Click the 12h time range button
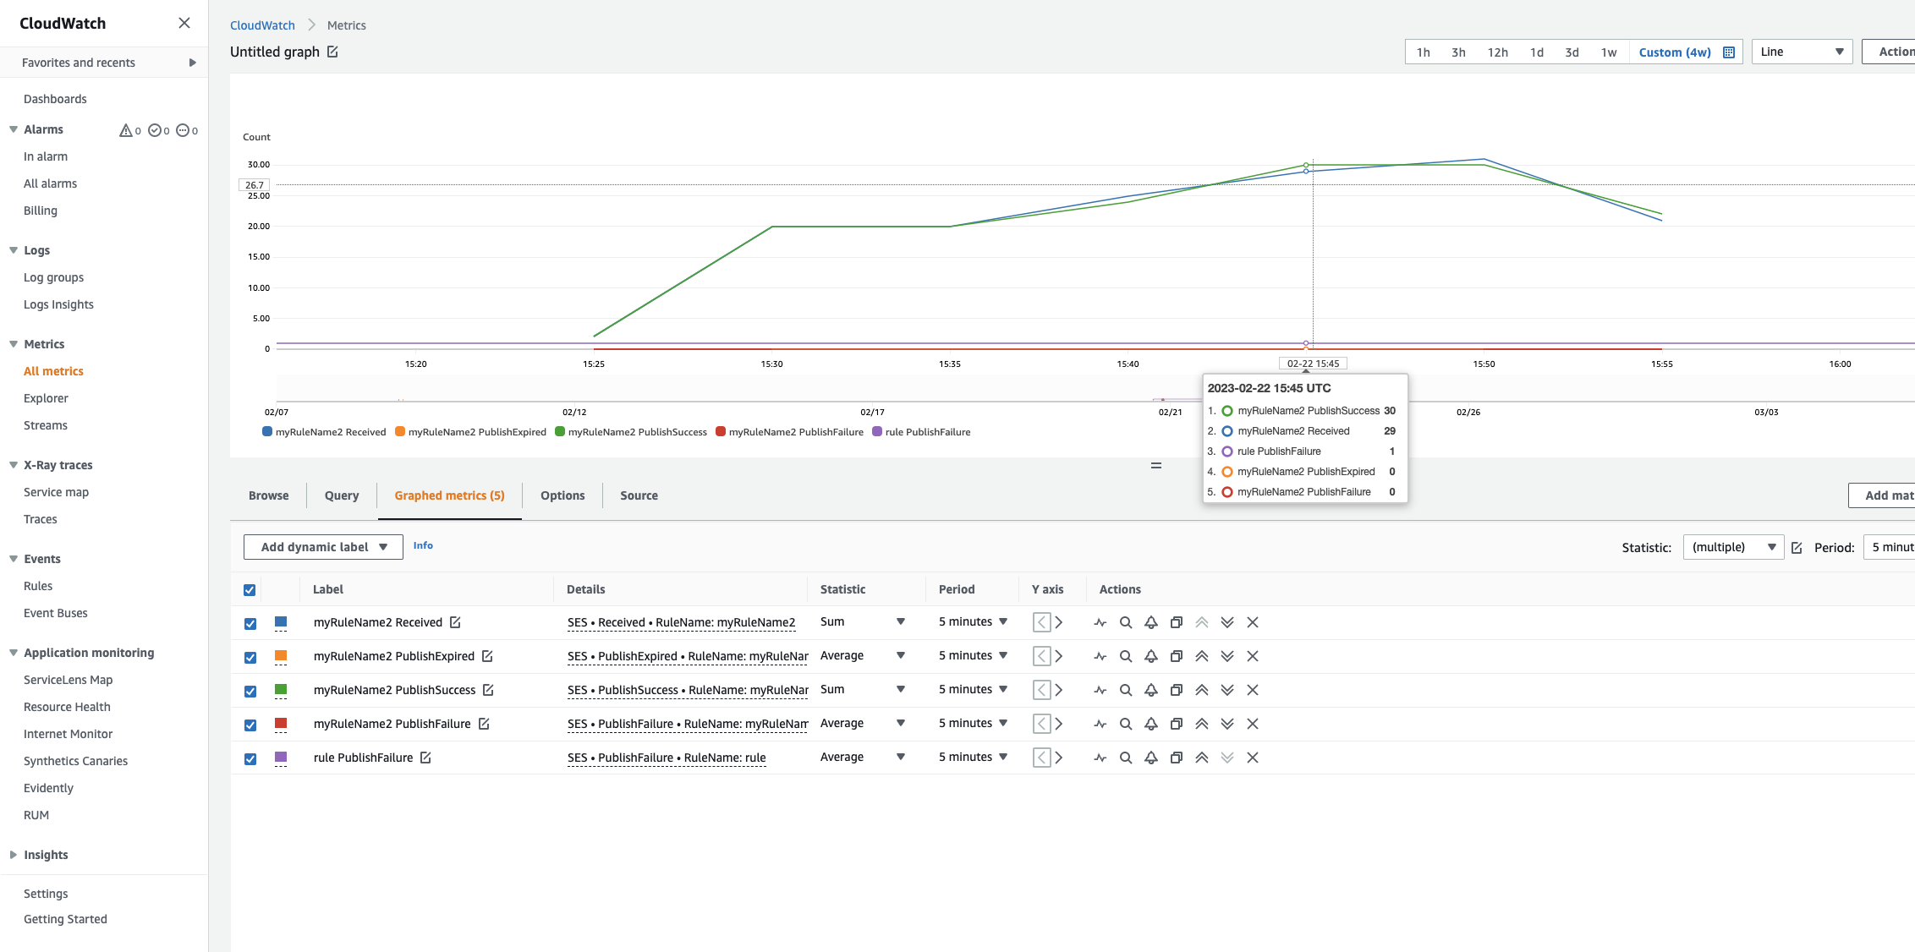1497,52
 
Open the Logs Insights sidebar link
58,304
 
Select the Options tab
562,495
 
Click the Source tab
639,495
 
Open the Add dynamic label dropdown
323,547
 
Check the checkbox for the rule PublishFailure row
250,758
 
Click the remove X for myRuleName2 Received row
1253,622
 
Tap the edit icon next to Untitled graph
333,52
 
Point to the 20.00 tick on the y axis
259,227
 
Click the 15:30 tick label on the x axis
771,364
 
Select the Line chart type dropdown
1802,52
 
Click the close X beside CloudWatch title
184,24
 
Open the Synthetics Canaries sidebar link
75,761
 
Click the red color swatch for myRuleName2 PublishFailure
281,724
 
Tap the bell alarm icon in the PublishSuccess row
1151,690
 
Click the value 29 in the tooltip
1389,431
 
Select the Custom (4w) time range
1675,52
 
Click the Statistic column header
842,589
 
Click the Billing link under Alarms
41,211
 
